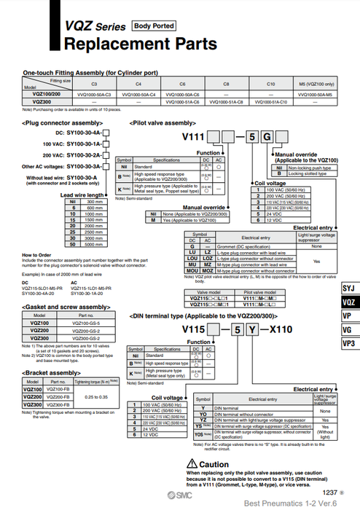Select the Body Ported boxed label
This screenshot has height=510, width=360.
coord(153,26)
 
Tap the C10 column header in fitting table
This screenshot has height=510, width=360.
coord(270,85)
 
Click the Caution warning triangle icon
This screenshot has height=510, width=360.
coord(193,464)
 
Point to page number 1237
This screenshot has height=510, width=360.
coord(329,493)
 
